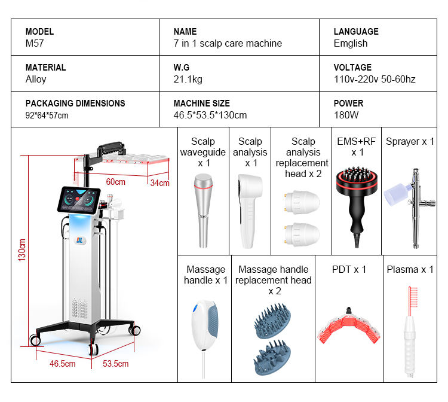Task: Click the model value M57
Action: pos(35,43)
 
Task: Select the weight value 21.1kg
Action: pos(188,79)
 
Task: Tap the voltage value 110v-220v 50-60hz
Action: pos(375,79)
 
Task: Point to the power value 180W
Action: pos(346,115)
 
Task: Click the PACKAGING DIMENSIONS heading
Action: pos(75,103)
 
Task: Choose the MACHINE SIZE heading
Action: pos(202,103)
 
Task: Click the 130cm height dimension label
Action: pos(22,250)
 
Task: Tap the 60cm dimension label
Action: pos(115,182)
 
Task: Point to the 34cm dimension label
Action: pos(160,183)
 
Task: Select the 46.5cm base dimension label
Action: pos(63,364)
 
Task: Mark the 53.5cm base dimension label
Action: pos(116,364)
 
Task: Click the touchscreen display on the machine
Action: pos(79,200)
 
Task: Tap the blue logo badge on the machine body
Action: pos(79,240)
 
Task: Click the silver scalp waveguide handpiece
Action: pos(203,211)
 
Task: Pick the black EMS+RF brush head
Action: pos(357,182)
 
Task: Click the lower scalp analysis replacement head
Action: pos(302,234)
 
